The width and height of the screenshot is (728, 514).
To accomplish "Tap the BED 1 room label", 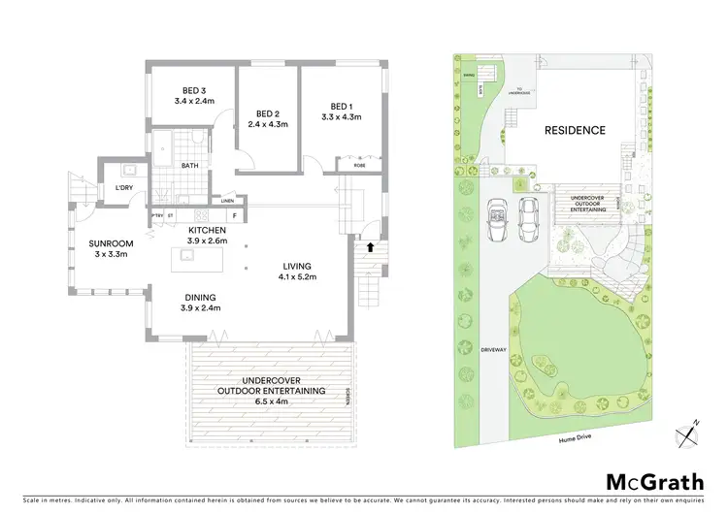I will point(341,107).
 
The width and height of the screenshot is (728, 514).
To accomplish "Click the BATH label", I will point(191,166).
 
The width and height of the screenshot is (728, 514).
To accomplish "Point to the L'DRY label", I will point(123,188).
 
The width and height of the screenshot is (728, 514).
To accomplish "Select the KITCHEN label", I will point(207,230).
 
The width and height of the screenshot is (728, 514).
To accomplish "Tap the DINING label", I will point(197,298).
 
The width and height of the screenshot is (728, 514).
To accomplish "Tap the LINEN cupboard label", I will point(227,200).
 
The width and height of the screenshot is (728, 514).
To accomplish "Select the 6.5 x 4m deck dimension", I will point(268,399).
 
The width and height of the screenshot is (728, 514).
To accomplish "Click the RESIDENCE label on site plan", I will point(574,130).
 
